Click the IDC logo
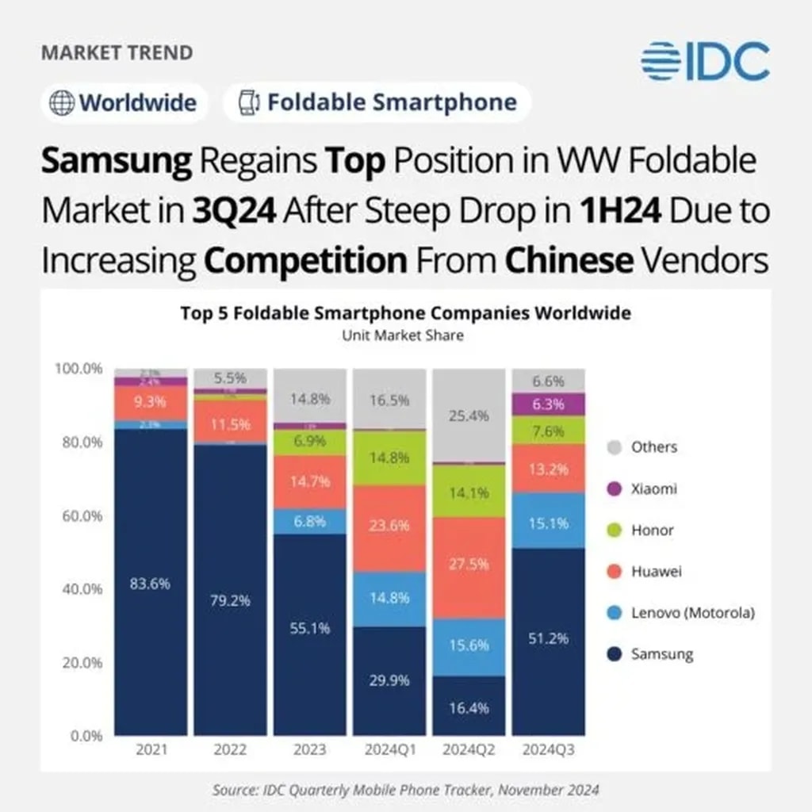tap(705, 62)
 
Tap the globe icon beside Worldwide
tap(62, 103)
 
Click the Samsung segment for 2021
tap(151, 583)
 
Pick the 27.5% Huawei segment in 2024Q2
tap(469, 568)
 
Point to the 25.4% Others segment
tap(469, 415)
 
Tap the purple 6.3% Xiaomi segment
tap(548, 404)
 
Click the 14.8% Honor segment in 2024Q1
tap(389, 458)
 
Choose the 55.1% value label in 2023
tap(310, 629)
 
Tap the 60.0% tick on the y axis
tap(79, 515)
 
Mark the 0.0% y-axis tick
tap(82, 735)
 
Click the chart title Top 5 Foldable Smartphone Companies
tap(405, 313)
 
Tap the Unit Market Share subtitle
tap(403, 335)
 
